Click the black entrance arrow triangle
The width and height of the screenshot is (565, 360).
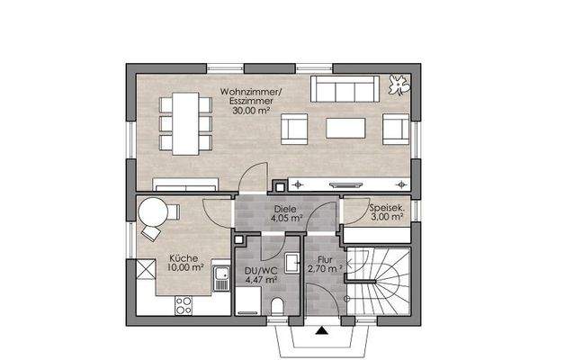(322, 330)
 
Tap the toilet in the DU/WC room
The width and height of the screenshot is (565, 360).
(277, 307)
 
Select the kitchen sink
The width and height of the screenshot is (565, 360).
(221, 278)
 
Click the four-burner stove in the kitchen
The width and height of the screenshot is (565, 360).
(184, 306)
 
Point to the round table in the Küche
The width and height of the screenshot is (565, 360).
(153, 212)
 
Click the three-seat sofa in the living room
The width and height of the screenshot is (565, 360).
(345, 88)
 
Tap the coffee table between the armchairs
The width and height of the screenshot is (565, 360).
(345, 129)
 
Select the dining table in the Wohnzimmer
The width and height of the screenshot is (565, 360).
(185, 123)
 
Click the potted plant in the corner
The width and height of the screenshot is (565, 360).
(399, 85)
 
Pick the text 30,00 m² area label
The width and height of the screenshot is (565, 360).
(251, 111)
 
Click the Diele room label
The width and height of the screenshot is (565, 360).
(285, 209)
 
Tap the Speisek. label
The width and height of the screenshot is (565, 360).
(387, 208)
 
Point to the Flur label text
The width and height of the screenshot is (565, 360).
(325, 260)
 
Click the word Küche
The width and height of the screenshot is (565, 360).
(184, 258)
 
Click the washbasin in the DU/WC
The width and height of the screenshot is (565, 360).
(292, 263)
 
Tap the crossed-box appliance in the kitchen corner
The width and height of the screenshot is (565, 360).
(146, 269)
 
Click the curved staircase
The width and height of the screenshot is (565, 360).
(378, 281)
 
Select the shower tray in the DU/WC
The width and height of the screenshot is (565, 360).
(248, 301)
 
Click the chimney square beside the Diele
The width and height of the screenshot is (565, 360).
(280, 187)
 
